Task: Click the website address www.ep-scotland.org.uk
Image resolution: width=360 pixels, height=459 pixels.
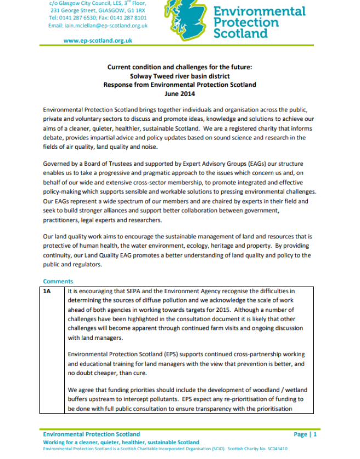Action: click(98, 41)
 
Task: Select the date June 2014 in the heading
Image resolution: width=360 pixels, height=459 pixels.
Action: click(179, 94)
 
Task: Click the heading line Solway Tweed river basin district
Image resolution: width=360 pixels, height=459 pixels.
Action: click(179, 76)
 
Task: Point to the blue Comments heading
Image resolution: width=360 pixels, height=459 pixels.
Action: click(58, 281)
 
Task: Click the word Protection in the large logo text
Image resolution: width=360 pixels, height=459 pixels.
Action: click(246, 23)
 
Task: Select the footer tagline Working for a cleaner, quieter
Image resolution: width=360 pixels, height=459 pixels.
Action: click(121, 442)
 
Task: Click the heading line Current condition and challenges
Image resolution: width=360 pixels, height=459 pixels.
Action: click(179, 68)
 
